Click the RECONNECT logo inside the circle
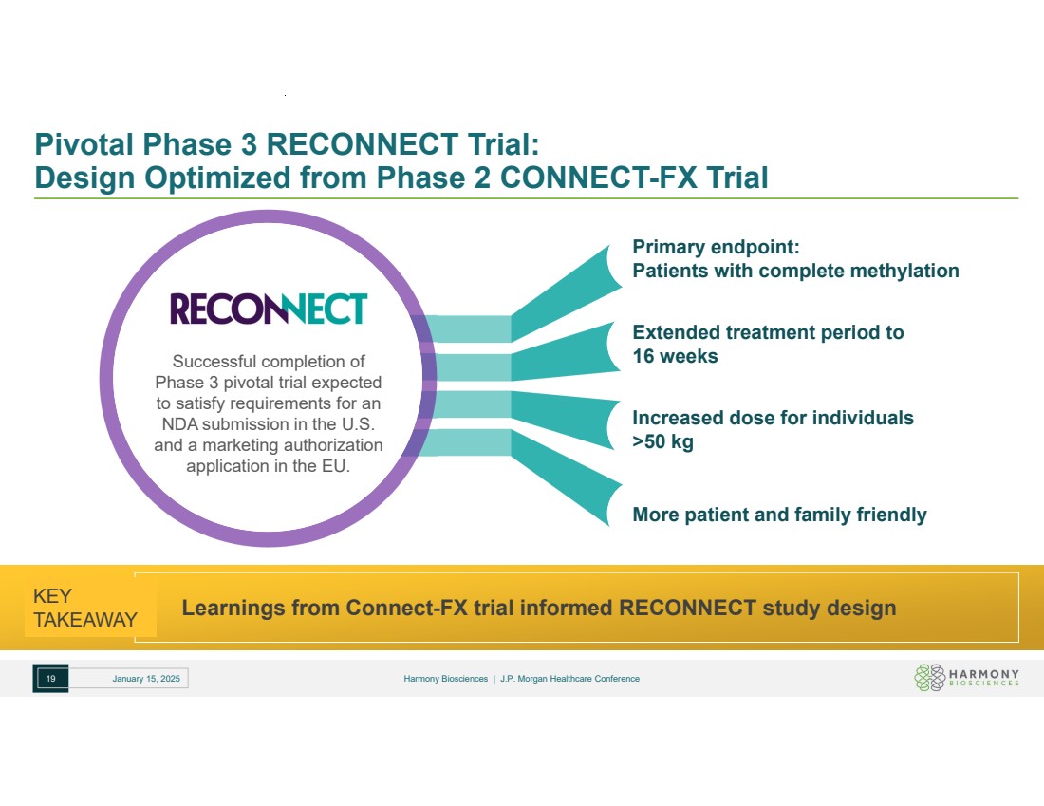coord(268,309)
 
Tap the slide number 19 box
coord(51,679)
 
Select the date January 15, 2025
coord(145,679)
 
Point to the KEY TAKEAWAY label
coord(84,609)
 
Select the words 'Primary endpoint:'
coord(717,248)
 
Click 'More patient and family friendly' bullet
coord(779,515)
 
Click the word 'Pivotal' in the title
coord(84,144)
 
